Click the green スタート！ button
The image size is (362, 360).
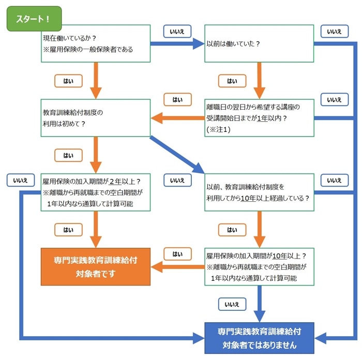(34, 19)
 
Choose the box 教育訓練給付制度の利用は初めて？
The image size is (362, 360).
(96, 118)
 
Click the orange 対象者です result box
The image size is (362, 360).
(96, 267)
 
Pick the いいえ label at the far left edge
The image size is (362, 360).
(21, 180)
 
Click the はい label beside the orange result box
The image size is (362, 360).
(177, 254)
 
